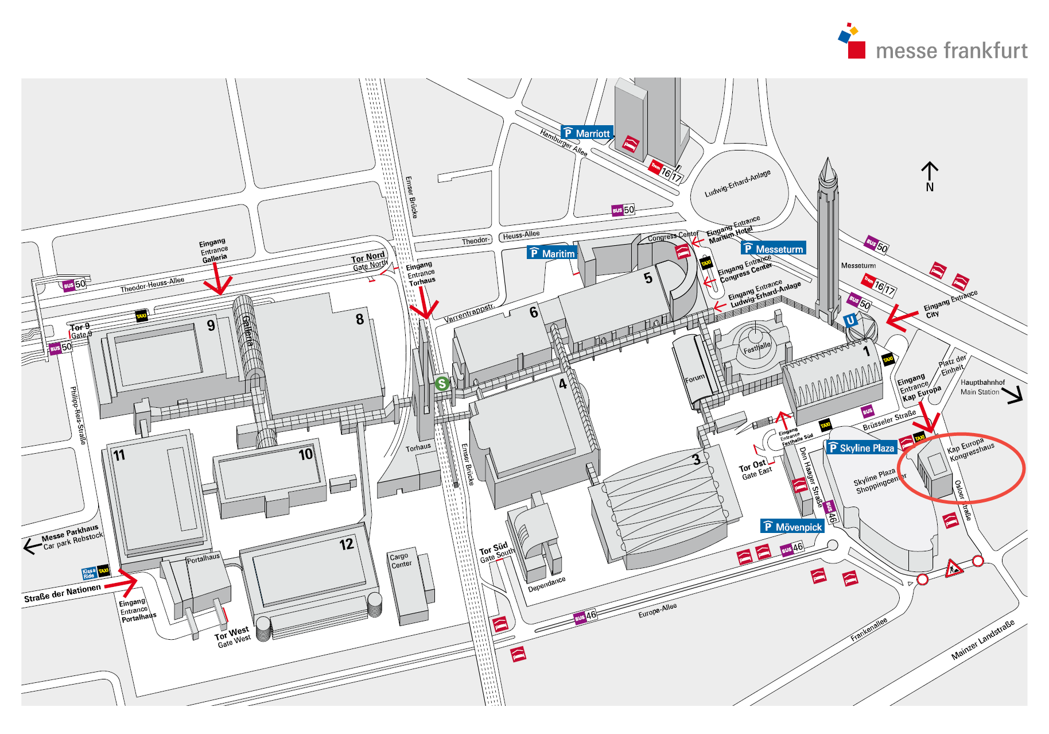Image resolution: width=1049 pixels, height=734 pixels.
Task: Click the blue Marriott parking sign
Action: [x=586, y=133]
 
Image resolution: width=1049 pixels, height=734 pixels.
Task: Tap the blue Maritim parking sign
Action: [x=551, y=253]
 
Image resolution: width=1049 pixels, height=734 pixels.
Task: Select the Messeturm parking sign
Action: [x=773, y=249]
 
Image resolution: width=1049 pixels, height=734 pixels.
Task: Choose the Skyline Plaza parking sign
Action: [x=861, y=448]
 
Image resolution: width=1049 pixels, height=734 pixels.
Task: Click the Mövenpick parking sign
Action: [x=792, y=527]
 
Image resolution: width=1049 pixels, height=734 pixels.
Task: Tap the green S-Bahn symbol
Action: [x=441, y=383]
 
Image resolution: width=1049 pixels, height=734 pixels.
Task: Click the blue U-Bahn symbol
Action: [x=850, y=320]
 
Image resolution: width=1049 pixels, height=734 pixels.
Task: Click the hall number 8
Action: [x=360, y=319]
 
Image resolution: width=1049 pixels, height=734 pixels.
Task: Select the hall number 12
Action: [x=346, y=544]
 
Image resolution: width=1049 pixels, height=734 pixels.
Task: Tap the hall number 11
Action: [x=119, y=456]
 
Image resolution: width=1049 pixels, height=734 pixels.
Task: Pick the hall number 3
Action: [x=696, y=459]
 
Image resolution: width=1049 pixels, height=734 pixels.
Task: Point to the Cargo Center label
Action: [x=401, y=560]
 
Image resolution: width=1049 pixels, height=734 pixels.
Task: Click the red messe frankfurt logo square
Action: [x=856, y=49]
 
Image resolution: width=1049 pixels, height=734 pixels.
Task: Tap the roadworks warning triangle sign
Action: [x=954, y=569]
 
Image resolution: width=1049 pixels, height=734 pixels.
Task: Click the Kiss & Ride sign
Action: [x=89, y=573]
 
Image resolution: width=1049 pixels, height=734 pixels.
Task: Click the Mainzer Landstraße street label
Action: [x=982, y=640]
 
